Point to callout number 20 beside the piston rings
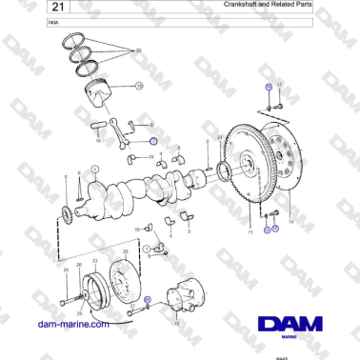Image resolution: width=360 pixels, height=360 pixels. [x=139, y=50]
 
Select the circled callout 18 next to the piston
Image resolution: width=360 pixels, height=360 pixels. [x=139, y=87]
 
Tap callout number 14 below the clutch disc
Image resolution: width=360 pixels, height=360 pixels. [x=290, y=221]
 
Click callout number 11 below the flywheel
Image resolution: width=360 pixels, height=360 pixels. [x=250, y=231]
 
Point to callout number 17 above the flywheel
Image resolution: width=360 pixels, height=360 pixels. [x=269, y=87]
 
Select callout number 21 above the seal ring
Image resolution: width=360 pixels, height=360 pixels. [x=220, y=138]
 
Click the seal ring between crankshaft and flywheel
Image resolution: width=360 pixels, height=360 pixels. [x=225, y=172]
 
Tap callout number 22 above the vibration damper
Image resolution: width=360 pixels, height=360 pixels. [x=126, y=251]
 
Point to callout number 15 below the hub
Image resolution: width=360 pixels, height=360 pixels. [x=176, y=323]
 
